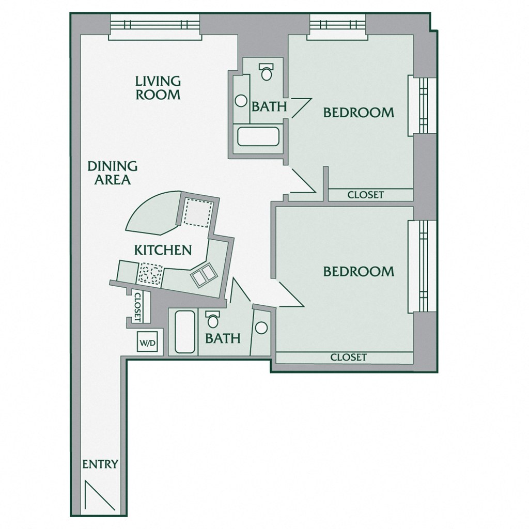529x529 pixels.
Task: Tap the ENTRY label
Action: (x=100, y=464)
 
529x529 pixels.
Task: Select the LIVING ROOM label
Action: (x=158, y=88)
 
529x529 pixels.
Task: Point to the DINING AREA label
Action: (x=112, y=173)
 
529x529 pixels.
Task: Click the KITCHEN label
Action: (x=163, y=250)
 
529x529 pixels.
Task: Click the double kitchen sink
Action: (x=203, y=273)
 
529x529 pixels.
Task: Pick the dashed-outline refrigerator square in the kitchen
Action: (x=197, y=212)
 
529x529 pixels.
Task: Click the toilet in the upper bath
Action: (x=266, y=71)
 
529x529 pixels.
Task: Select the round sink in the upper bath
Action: (x=241, y=101)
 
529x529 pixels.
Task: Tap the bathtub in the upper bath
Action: (x=258, y=136)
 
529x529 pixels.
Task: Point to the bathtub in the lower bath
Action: (x=185, y=332)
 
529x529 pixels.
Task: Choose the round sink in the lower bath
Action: (x=261, y=327)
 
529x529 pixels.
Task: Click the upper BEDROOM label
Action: (x=359, y=112)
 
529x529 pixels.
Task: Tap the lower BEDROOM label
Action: (x=359, y=271)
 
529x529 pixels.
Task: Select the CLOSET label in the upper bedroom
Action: (x=366, y=195)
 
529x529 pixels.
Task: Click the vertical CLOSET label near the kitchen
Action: (x=137, y=307)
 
